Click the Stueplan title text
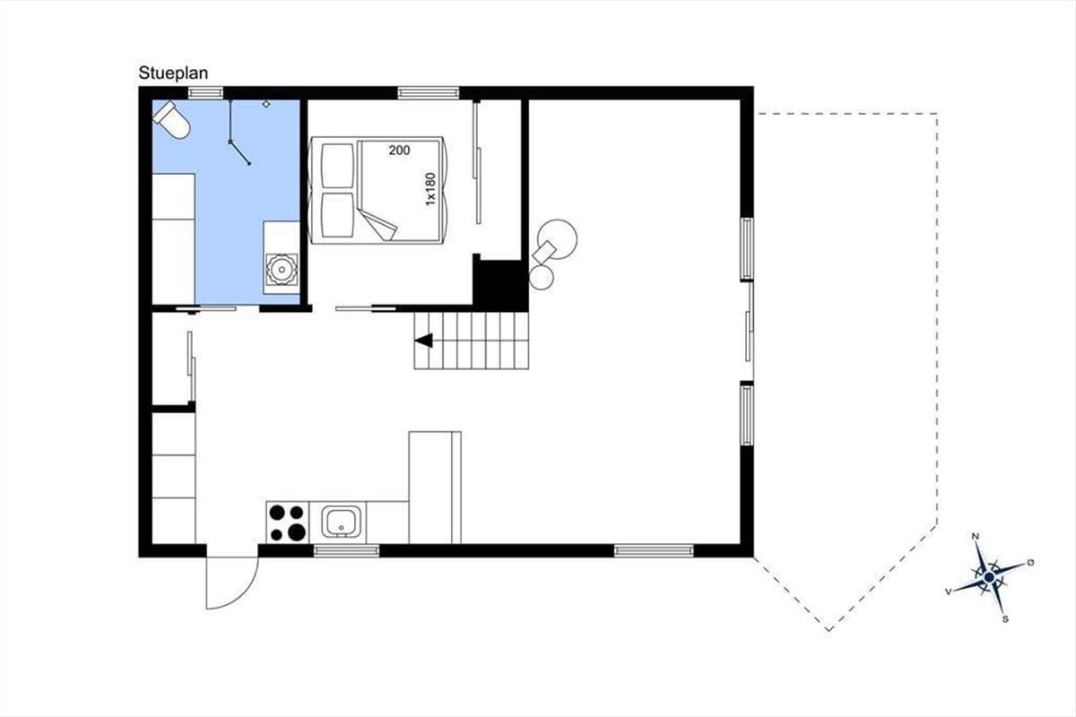173,73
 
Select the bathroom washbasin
282,269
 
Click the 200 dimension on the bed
399,151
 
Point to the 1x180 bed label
430,189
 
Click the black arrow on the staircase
423,341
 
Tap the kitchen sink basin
341,521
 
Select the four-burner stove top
288,523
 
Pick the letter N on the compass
976,536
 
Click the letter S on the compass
1005,619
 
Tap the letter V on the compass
949,592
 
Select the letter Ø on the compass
1030,562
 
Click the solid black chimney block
500,283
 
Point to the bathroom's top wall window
205,92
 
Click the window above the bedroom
429,92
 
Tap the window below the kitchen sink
346,551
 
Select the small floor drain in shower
266,104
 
